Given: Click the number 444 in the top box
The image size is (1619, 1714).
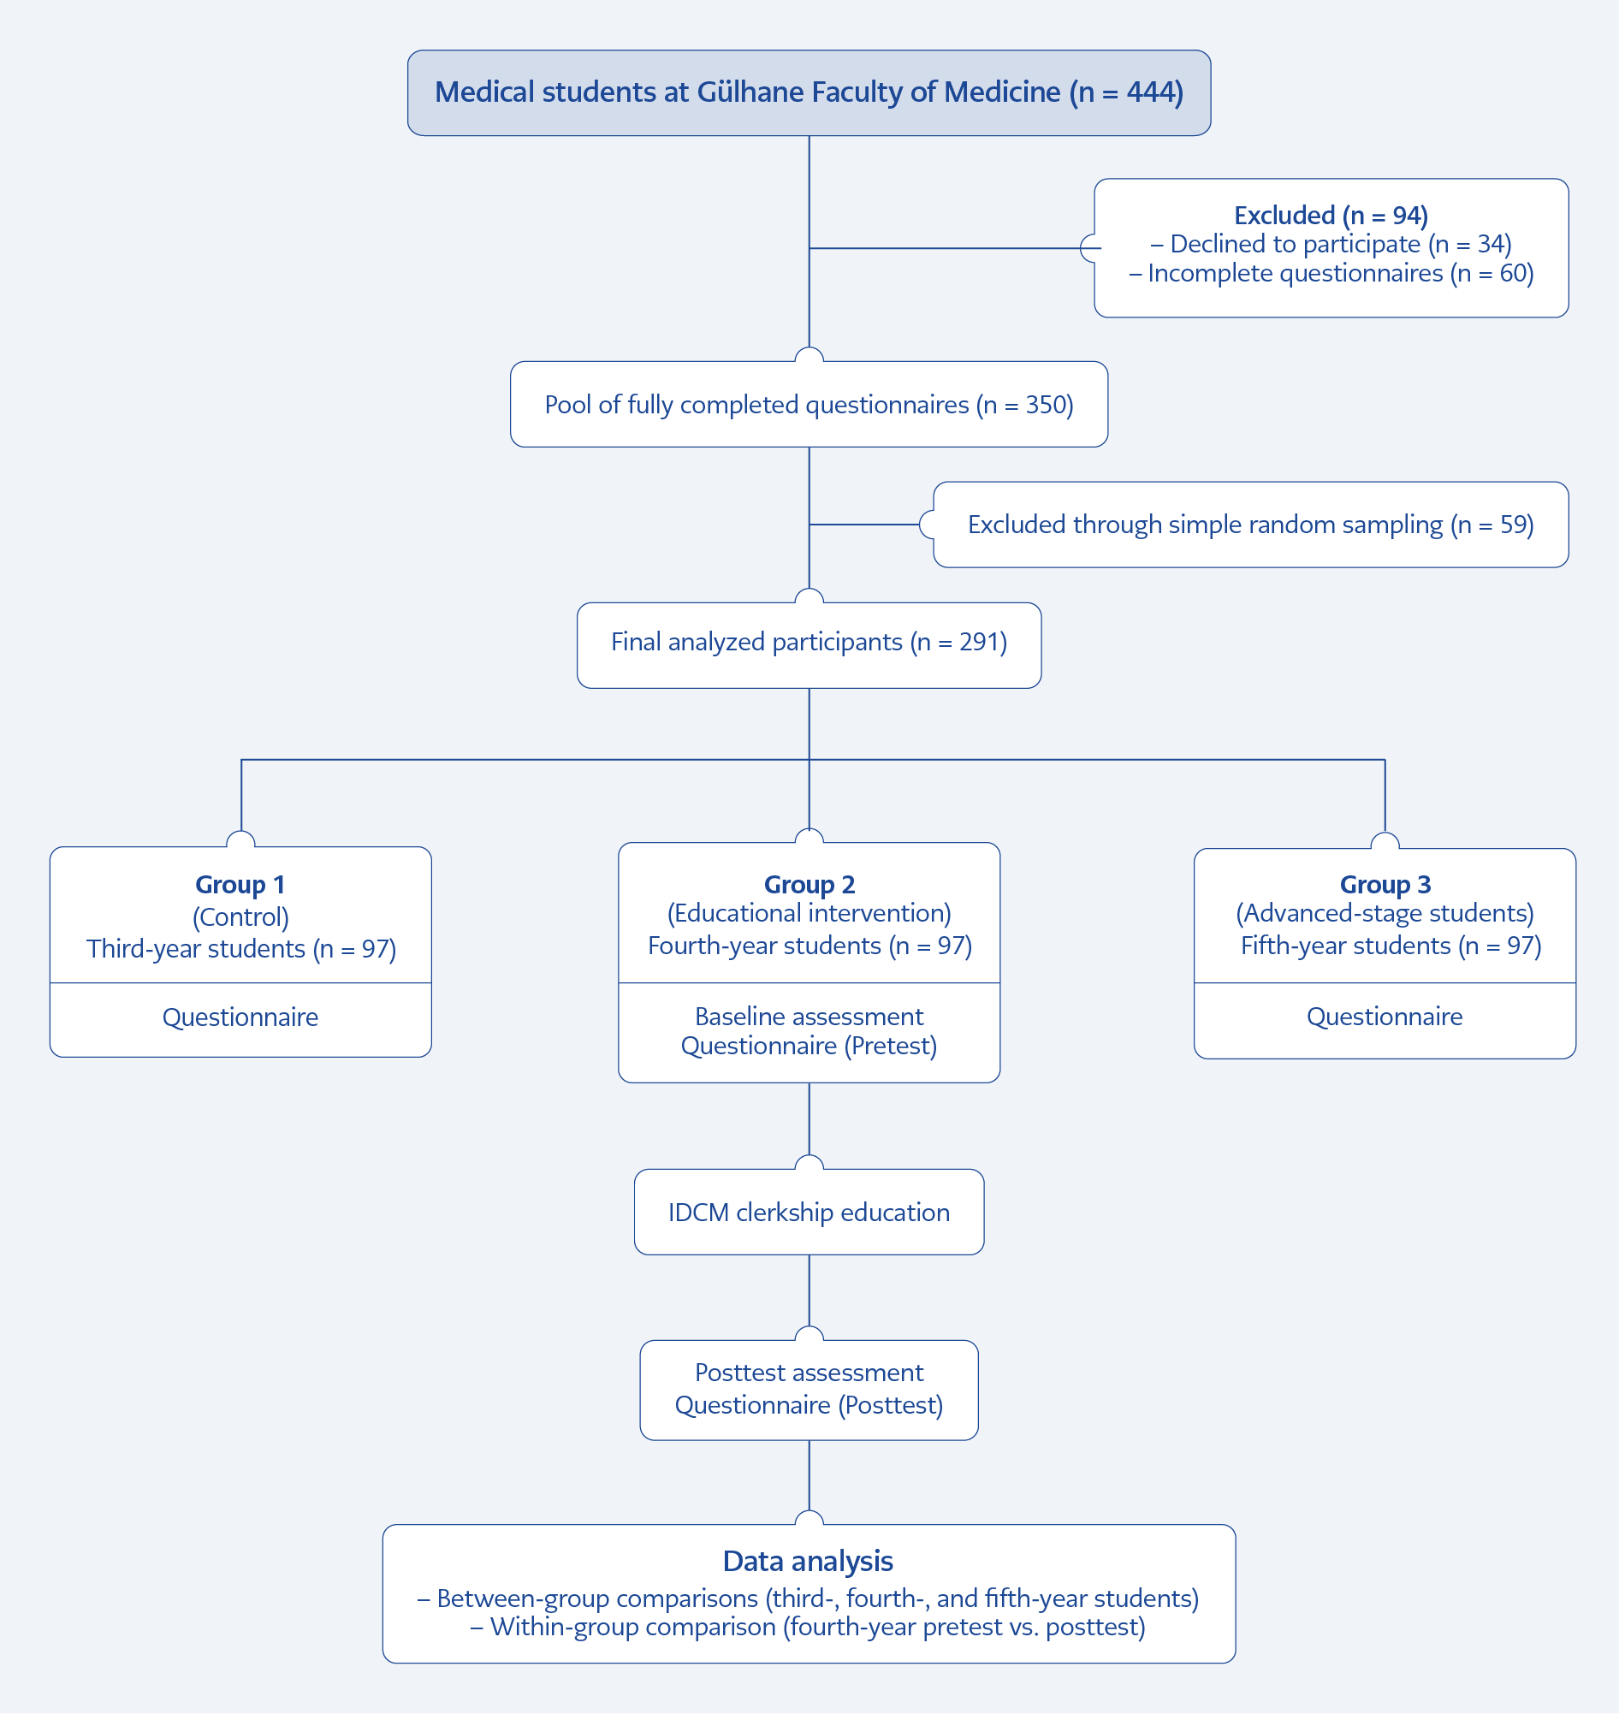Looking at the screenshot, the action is [x=1150, y=92].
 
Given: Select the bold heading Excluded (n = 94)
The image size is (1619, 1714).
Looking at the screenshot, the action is [x=1331, y=215].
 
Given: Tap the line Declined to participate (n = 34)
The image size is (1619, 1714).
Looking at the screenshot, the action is [x=1331, y=244].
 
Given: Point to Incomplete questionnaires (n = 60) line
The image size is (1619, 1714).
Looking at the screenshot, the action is [x=1331, y=274].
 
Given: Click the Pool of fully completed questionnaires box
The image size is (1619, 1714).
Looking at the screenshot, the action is [x=809, y=404].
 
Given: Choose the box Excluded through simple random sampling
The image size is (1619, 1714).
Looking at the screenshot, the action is [x=1250, y=525].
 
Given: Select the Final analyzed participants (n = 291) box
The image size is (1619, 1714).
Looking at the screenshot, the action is [x=809, y=645].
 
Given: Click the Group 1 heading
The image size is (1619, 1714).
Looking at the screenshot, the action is [x=240, y=885].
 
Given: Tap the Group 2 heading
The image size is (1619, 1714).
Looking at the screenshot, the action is [x=809, y=885].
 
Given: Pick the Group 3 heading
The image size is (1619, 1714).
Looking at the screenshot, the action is [x=1385, y=885].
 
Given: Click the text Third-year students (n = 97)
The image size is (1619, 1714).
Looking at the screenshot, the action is [x=240, y=949].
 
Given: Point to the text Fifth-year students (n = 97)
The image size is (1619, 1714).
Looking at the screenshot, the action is [x=1391, y=946].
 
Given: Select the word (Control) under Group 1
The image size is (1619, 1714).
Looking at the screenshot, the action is [x=240, y=916].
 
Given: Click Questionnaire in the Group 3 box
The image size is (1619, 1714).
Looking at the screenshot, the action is [x=1385, y=1017].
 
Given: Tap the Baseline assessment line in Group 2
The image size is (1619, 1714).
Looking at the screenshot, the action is [x=809, y=1017].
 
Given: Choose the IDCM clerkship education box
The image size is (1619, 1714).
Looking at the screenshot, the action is [x=809, y=1212].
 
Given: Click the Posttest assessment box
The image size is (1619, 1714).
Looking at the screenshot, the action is [x=809, y=1391].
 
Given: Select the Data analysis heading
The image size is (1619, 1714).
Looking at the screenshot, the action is [x=808, y=1561].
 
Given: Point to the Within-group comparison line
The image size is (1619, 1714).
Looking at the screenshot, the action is [x=808, y=1628].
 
